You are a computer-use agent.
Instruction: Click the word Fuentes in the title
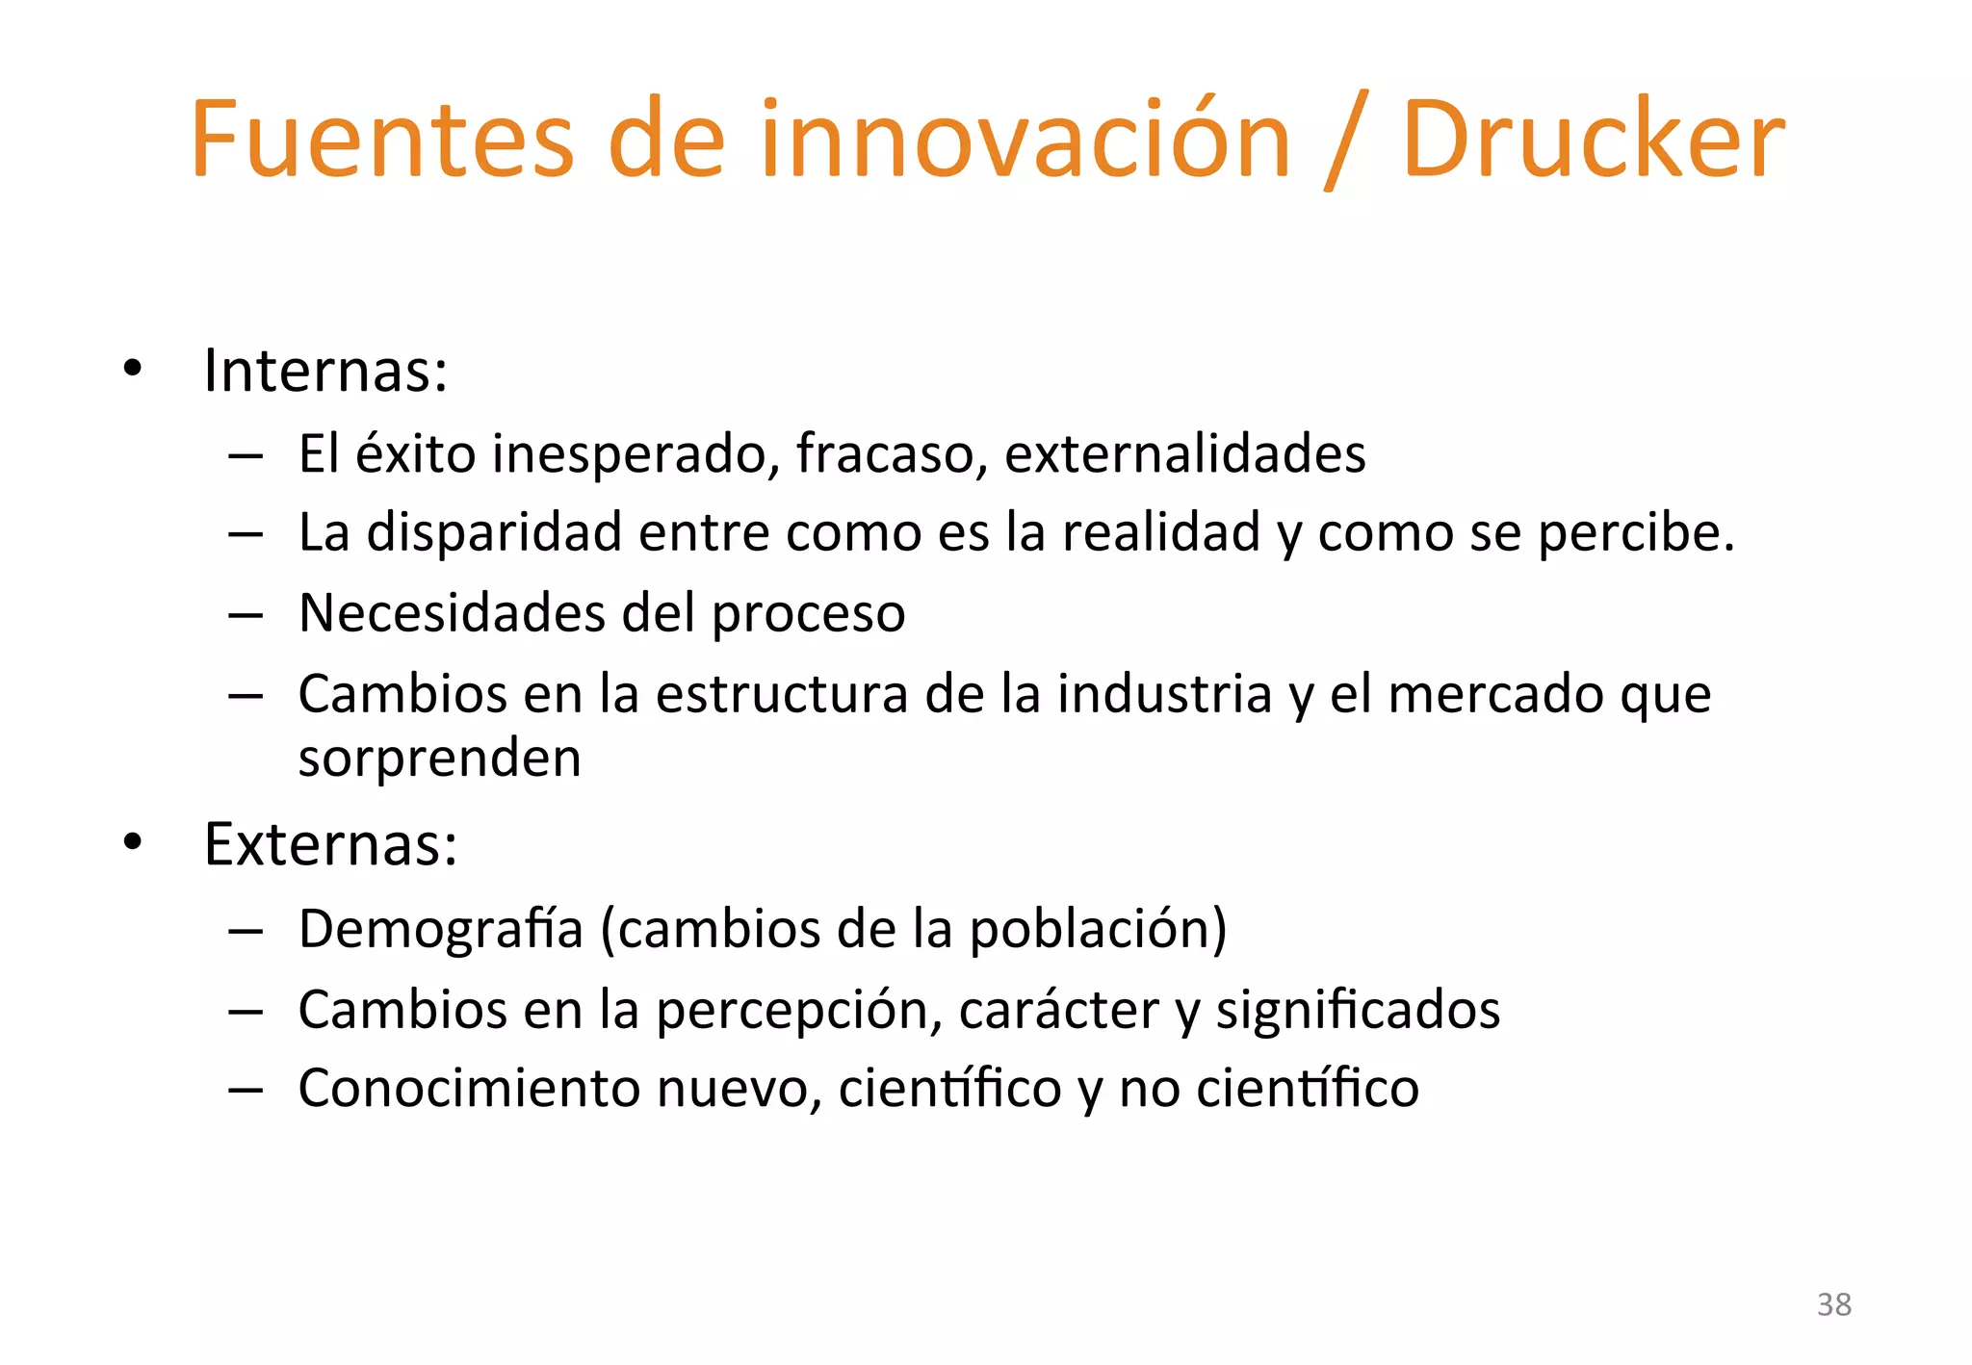click(x=382, y=140)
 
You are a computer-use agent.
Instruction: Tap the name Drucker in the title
click(x=1594, y=140)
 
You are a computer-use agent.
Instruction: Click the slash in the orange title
click(x=1345, y=142)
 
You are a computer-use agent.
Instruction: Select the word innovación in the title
click(x=1025, y=140)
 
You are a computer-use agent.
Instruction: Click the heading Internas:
click(x=325, y=371)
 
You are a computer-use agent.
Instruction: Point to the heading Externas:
click(x=330, y=845)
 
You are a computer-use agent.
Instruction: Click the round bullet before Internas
click(x=133, y=368)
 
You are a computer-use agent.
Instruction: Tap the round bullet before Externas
click(x=133, y=842)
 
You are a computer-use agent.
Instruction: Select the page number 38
click(x=1833, y=1304)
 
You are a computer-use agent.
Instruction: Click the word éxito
click(x=415, y=453)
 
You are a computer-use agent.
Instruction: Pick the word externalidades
click(x=1184, y=453)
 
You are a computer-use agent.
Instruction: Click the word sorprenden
click(x=439, y=760)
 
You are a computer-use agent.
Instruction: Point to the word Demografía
click(x=441, y=930)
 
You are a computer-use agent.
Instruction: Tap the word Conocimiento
click(x=470, y=1089)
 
